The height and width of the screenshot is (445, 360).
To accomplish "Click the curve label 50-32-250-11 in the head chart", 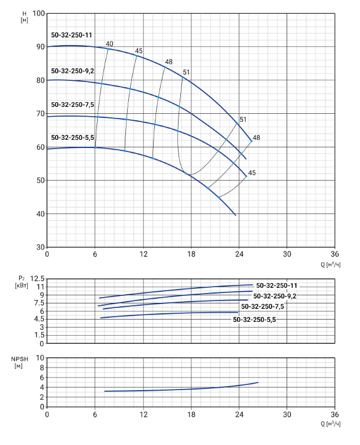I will click(72, 35).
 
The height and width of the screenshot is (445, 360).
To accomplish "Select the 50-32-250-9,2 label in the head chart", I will click(72, 71).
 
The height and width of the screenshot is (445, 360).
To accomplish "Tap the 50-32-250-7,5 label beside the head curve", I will click(72, 105).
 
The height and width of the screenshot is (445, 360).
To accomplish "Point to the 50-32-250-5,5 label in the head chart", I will click(72, 138).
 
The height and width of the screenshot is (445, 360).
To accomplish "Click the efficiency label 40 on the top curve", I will click(110, 44).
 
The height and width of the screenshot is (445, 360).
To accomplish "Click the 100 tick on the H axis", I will click(38, 13).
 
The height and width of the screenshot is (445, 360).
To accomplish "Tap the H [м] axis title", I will click(24, 17).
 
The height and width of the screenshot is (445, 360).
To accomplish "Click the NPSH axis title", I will click(20, 362).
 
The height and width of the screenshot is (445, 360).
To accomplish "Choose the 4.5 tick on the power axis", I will click(38, 318).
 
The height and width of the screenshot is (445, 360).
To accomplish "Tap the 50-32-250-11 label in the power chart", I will click(277, 285).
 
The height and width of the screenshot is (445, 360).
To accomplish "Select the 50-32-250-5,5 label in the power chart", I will click(258, 319).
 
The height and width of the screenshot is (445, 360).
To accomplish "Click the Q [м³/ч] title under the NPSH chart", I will click(330, 423).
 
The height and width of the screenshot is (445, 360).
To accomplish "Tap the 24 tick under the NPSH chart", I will click(239, 414).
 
